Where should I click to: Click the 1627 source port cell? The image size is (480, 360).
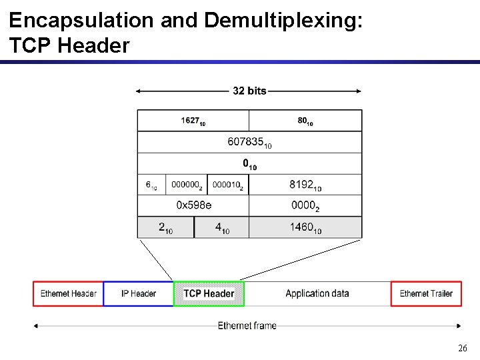point(193,121)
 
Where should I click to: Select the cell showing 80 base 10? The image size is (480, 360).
point(305,121)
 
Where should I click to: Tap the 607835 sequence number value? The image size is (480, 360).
point(249,142)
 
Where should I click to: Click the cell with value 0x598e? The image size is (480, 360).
point(193,205)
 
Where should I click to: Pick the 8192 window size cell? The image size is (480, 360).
point(305,185)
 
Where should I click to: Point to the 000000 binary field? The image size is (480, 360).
point(186,185)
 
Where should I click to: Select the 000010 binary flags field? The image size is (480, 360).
point(227,185)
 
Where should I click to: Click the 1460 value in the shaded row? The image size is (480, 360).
point(305,227)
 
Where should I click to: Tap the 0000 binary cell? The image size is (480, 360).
point(305,206)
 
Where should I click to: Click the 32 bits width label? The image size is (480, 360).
point(249,91)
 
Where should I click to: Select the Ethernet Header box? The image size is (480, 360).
point(68,293)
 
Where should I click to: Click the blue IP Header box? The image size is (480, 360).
point(139,293)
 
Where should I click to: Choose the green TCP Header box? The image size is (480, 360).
point(209,293)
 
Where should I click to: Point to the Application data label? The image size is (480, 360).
point(317,293)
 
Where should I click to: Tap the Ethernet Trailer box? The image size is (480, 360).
point(426,293)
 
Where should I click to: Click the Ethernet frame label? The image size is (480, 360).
point(247,325)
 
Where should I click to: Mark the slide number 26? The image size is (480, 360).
point(463,348)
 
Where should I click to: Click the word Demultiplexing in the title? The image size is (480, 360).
point(283,20)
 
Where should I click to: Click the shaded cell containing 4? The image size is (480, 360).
point(222,227)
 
